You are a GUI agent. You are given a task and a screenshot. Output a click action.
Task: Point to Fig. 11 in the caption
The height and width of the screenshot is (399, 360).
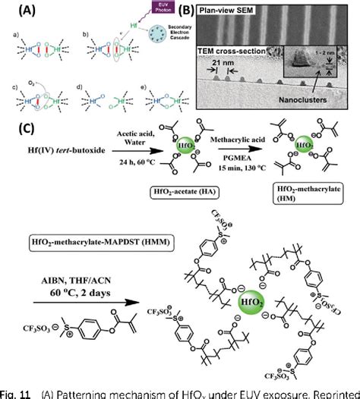tap(17, 392)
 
